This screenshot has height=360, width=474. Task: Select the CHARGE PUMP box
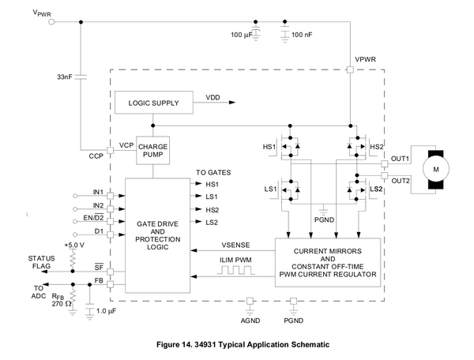153,151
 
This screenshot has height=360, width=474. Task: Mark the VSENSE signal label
237,244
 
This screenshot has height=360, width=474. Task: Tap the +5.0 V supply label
75,246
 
